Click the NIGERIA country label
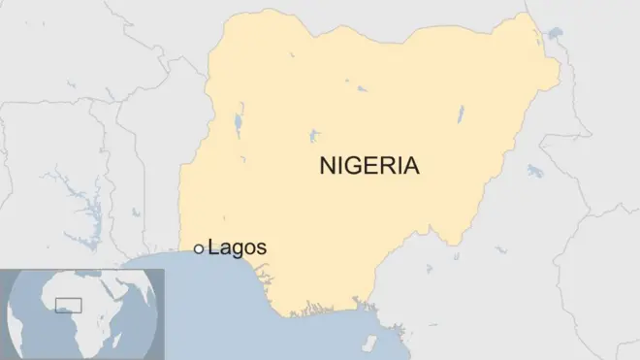click(369, 166)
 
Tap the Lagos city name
click(237, 248)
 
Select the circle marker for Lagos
click(199, 249)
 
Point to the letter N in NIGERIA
click(328, 166)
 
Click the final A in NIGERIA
click(411, 166)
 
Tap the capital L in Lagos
click(212, 248)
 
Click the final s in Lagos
click(262, 249)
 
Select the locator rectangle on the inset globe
click(68, 306)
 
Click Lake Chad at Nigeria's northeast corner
click(555, 36)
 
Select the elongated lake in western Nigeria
click(238, 124)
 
